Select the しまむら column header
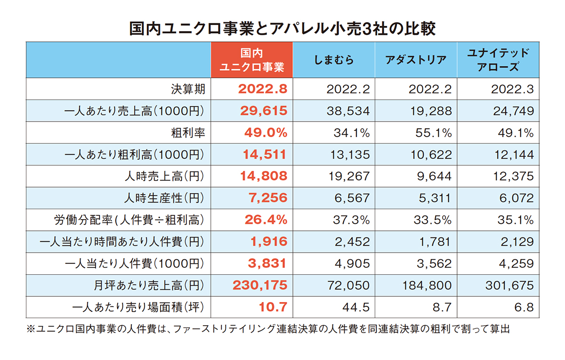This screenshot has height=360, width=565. click(334, 60)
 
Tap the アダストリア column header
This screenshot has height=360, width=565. click(416, 60)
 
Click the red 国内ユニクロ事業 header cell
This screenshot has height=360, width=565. click(252, 60)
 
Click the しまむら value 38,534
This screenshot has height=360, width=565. click(348, 111)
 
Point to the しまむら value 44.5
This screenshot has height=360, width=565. click(357, 307)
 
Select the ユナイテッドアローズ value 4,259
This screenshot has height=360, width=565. click(517, 263)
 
